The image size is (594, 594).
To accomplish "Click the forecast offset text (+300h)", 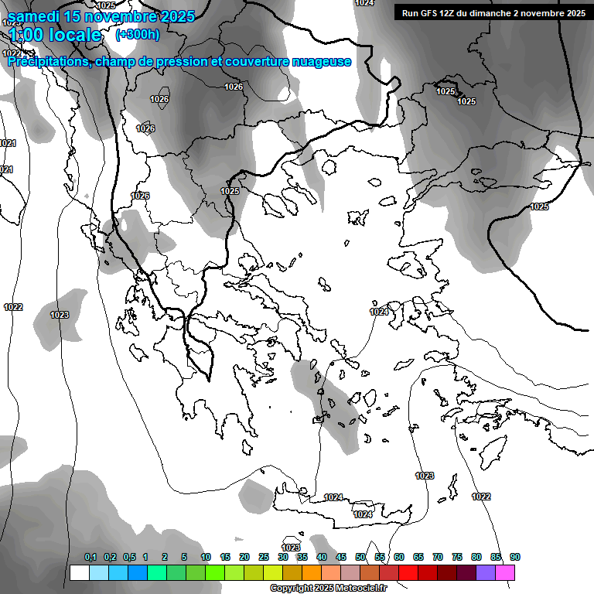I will (x=138, y=34).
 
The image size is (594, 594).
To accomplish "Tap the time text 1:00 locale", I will (x=56, y=35).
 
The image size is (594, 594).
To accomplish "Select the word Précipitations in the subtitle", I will (x=49, y=62).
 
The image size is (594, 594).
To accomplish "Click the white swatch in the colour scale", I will (x=79, y=572).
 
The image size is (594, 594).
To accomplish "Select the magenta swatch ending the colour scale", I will (x=506, y=572).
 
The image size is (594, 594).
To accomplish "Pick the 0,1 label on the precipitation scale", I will (x=90, y=557).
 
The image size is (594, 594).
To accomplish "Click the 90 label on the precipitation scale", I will (x=514, y=557).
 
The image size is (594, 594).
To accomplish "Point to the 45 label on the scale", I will (x=341, y=557).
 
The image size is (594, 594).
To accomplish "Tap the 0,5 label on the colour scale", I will (x=129, y=557).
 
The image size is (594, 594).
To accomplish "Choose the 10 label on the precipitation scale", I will (x=206, y=557).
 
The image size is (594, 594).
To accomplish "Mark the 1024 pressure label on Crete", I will (x=363, y=514).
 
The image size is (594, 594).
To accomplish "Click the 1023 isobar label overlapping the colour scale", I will (x=291, y=548).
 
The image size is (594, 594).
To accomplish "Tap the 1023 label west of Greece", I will (x=60, y=315).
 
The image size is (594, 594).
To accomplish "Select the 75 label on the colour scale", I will (x=456, y=557).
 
